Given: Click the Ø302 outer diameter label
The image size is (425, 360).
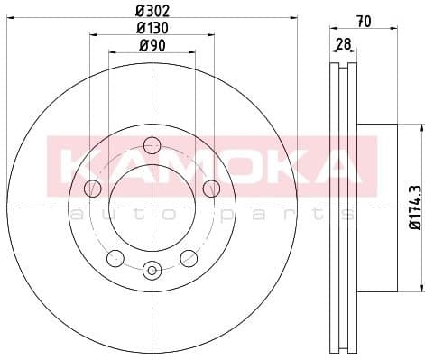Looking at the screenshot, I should [x=152, y=12].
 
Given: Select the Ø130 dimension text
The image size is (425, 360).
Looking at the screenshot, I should [x=152, y=29].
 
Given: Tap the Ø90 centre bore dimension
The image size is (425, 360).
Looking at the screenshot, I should [x=152, y=46].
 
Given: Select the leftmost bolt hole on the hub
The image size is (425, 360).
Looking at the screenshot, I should [x=92, y=188].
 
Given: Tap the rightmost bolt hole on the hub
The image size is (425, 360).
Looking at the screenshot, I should [x=211, y=188].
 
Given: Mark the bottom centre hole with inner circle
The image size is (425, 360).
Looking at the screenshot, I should [x=152, y=268].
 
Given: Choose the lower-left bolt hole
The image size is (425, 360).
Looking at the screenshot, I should [x=115, y=259].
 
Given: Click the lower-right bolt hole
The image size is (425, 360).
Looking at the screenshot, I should [x=189, y=259].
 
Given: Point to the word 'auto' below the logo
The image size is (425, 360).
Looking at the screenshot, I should [x=105, y=215].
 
